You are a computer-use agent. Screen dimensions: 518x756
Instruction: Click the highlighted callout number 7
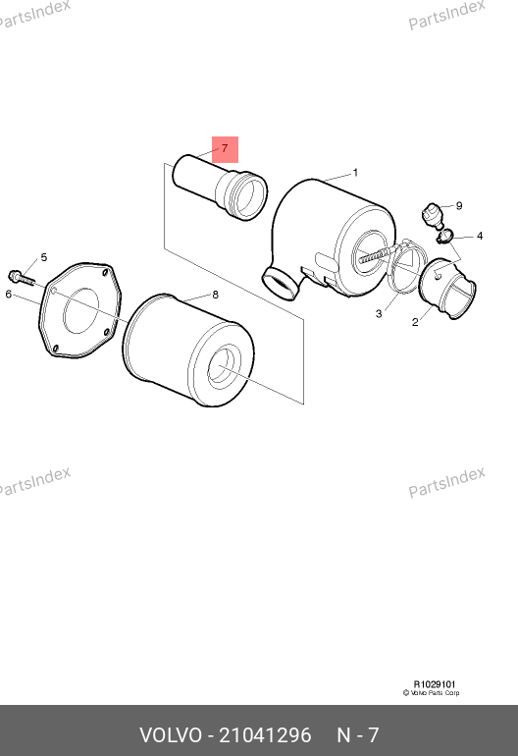coord(225,148)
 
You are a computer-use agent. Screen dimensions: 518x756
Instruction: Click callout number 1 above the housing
coord(355,173)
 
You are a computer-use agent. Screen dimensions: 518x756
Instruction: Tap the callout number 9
coord(459,206)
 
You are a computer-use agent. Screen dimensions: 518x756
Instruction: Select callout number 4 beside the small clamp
coord(480,236)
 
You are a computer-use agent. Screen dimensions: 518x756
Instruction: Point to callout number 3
coord(379,314)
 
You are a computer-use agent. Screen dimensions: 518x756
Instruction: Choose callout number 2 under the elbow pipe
coord(415,322)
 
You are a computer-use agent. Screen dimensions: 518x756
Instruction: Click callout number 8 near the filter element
coord(216,295)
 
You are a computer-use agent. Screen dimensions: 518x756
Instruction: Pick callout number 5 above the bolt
coord(44,257)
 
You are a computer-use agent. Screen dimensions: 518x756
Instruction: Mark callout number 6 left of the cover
coord(8,294)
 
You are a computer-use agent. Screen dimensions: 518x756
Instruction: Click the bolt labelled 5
coord(21,278)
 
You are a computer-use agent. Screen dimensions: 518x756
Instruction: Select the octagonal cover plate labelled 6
coord(79,310)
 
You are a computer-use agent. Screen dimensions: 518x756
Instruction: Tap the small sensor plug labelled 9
coord(434,216)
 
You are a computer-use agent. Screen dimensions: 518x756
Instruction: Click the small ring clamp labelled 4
coord(444,237)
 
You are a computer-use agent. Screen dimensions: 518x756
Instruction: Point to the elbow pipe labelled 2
coord(447,289)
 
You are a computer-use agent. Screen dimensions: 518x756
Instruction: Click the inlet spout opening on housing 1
coord(279,285)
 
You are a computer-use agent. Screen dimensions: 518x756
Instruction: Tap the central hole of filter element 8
coord(225,366)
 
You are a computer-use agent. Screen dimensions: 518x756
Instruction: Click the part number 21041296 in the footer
coord(266,735)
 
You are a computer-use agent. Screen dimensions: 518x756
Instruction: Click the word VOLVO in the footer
coord(171,735)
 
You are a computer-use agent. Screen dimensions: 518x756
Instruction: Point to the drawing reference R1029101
coord(435,684)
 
